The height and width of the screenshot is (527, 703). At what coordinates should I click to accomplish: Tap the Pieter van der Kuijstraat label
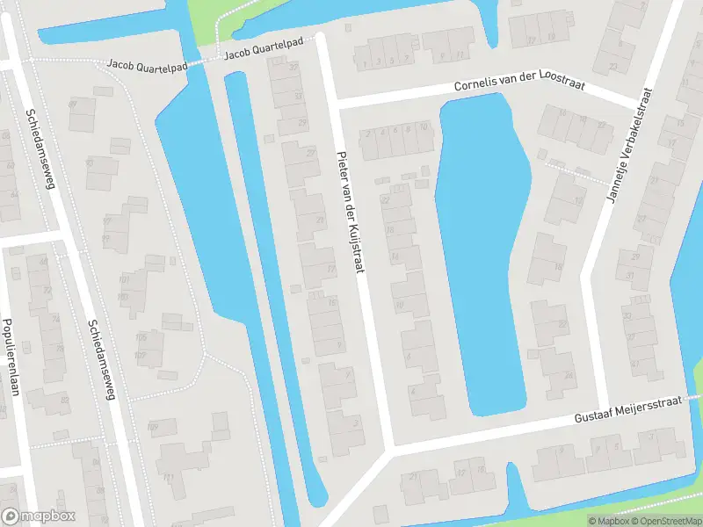(x=349, y=213)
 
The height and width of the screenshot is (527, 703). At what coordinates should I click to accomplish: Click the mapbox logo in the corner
(x=39, y=516)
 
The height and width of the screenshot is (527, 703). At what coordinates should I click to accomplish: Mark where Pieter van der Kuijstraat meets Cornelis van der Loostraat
(x=335, y=104)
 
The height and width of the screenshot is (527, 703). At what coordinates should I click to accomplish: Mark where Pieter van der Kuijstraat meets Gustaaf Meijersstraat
(x=389, y=450)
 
